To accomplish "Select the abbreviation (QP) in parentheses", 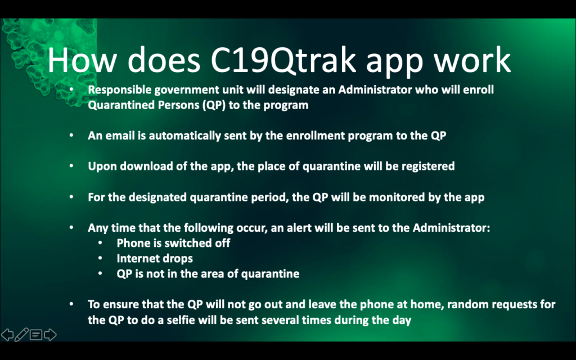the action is [x=213, y=105].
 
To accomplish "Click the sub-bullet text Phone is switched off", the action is [x=173, y=243].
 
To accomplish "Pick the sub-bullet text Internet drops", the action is [x=155, y=259].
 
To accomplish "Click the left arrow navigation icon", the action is [x=7, y=335].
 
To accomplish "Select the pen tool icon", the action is [x=21, y=335].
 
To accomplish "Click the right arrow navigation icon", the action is [x=50, y=335].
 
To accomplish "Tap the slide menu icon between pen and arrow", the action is [x=36, y=335].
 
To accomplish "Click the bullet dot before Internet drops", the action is [x=100, y=259].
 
